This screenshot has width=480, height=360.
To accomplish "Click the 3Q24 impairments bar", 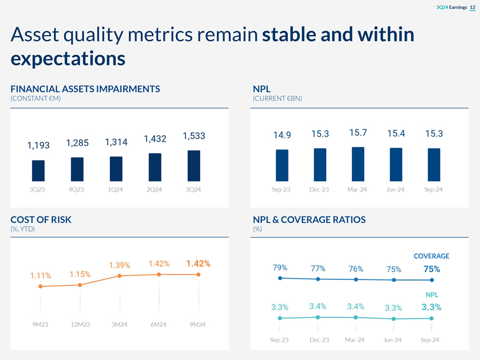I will click(x=194, y=166).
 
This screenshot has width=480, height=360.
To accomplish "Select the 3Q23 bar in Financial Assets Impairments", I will click(x=38, y=171).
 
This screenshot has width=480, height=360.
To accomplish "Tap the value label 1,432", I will click(x=155, y=139).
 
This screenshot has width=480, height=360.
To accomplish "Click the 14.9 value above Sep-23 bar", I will click(x=282, y=135).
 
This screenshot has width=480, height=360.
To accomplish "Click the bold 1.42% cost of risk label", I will click(x=198, y=264).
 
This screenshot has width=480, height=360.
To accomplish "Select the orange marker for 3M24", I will click(x=119, y=276).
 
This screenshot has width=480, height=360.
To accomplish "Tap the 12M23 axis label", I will click(x=80, y=325).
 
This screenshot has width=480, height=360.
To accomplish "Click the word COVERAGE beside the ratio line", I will click(x=431, y=256).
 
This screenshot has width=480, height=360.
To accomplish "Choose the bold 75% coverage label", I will click(x=431, y=269).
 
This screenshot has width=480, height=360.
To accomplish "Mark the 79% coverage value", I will click(x=280, y=268).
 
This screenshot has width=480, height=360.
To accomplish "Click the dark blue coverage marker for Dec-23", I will click(x=318, y=279).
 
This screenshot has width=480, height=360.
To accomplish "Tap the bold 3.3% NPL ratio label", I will click(x=431, y=307).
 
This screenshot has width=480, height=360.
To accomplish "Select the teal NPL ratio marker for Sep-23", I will click(x=280, y=318).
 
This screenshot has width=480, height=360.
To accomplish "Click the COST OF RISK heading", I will click(x=41, y=219).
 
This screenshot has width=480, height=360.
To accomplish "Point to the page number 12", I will click(x=472, y=7).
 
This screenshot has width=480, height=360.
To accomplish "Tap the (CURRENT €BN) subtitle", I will click(x=277, y=98).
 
